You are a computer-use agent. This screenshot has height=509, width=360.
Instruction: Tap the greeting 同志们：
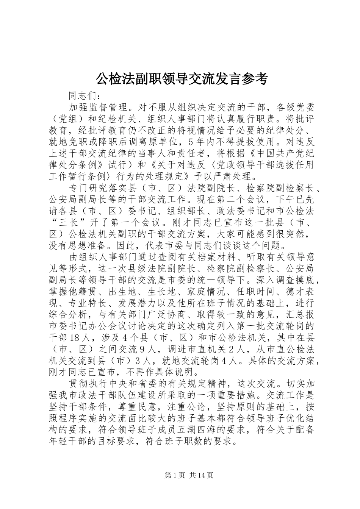pos(85,95)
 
